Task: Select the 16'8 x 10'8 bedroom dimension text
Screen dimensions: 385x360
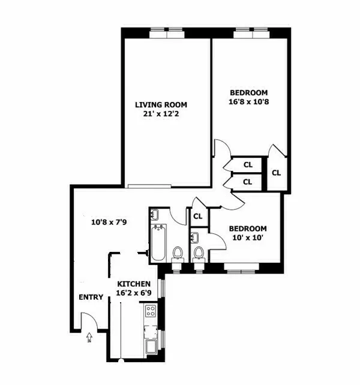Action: coord(249,103)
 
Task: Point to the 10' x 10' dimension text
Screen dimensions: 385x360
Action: coord(248,238)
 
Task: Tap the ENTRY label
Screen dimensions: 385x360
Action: coord(91,297)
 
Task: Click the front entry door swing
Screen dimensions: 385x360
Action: coord(88,321)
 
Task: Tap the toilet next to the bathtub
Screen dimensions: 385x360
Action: coord(178,255)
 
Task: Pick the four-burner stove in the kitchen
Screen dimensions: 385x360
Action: coord(151,311)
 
